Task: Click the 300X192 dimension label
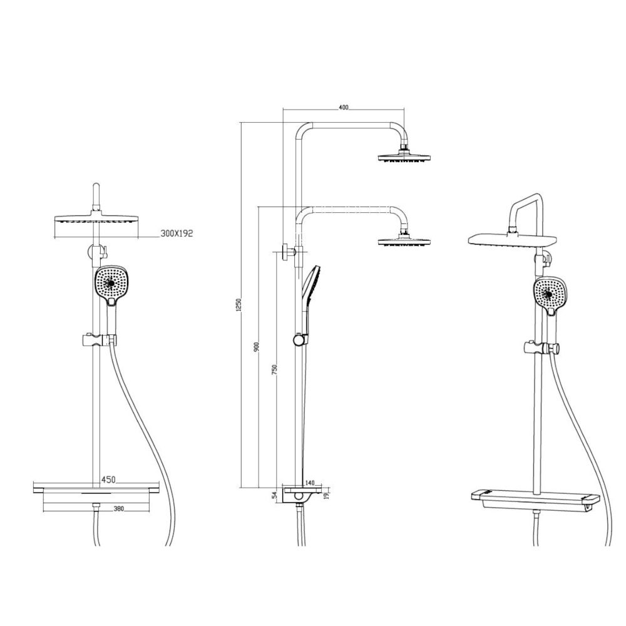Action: [x=177, y=233]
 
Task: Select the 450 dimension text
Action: [x=108, y=480]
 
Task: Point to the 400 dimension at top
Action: [x=343, y=107]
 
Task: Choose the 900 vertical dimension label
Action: [x=258, y=347]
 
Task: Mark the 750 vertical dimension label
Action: [x=274, y=369]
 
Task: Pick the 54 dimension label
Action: [x=274, y=496]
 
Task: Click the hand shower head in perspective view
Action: [x=552, y=294]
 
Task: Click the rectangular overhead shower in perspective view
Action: [x=513, y=239]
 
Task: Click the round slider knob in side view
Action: [x=299, y=340]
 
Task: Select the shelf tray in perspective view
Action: [x=534, y=498]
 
